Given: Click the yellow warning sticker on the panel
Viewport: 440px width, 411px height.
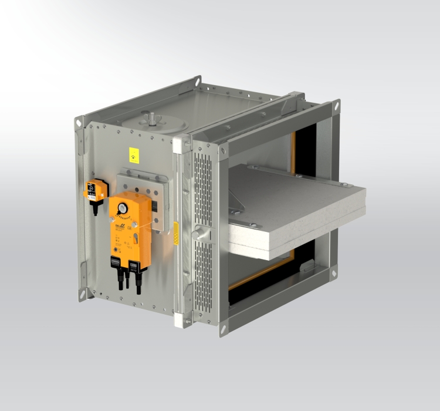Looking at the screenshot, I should [x=136, y=154].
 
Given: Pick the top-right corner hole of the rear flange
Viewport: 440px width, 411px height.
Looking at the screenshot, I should [x=337, y=107].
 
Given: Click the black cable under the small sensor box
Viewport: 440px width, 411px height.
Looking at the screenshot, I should [x=94, y=206].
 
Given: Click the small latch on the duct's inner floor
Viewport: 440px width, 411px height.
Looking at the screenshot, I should [x=307, y=266].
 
